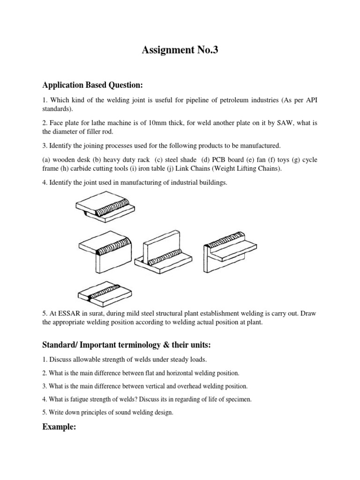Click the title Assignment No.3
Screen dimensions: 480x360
(180, 51)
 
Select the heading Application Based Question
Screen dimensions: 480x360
(92, 85)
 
